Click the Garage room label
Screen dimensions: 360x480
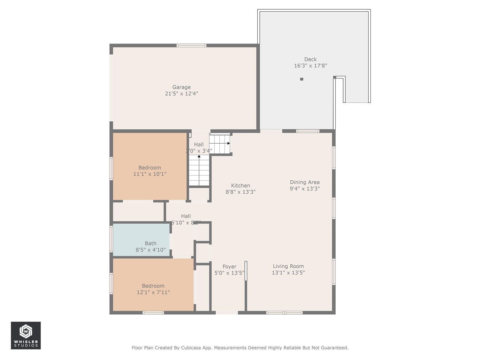click(181, 87)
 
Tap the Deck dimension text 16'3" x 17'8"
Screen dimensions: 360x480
click(310, 66)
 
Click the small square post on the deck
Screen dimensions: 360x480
click(301, 79)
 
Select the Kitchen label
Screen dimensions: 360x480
click(240, 185)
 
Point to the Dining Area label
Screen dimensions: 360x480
click(304, 182)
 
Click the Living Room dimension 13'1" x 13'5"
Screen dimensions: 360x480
click(288, 273)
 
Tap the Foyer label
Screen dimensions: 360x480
click(229, 267)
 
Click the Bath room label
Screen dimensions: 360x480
click(150, 243)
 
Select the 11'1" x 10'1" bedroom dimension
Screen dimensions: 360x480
click(150, 174)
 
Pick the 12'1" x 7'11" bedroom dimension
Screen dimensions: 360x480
click(153, 292)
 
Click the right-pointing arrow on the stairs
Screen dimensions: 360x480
click(228, 143)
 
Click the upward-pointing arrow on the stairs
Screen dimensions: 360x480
click(199, 156)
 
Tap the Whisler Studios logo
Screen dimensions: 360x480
click(26, 335)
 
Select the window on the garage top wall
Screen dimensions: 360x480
click(191, 45)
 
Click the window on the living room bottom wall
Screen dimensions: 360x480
click(284, 312)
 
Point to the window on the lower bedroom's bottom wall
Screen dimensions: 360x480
click(153, 312)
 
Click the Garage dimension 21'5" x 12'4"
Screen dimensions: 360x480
click(181, 94)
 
